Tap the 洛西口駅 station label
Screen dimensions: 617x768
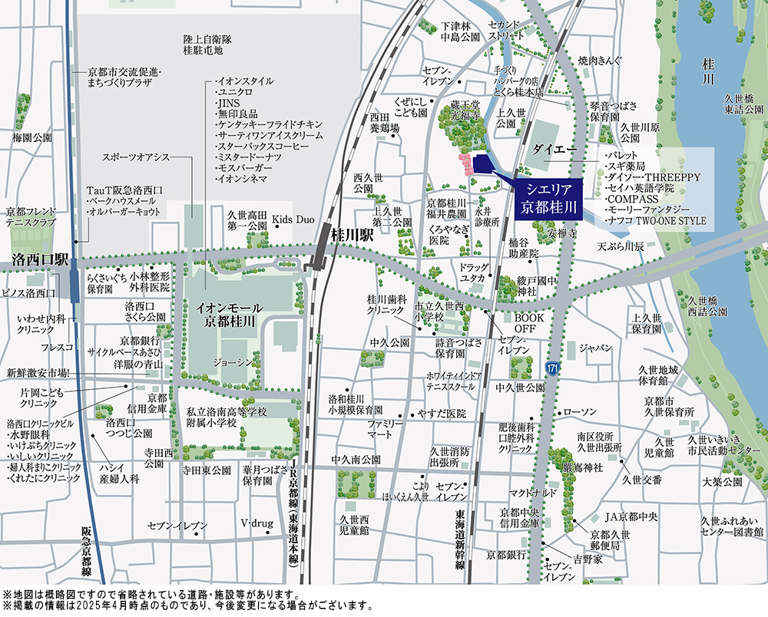click(41, 261)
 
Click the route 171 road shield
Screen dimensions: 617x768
click(552, 370)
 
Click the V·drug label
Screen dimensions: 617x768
click(257, 523)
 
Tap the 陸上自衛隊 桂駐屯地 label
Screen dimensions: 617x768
click(202, 45)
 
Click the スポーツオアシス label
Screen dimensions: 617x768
click(137, 157)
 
